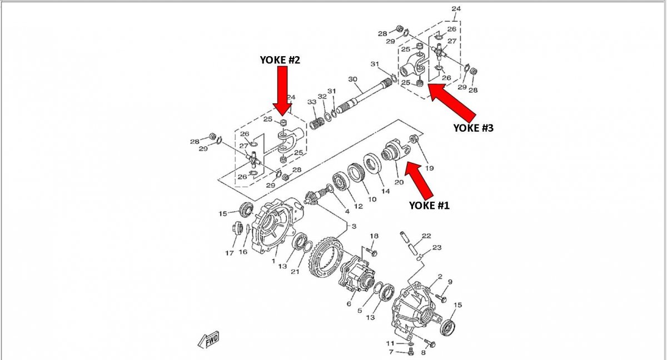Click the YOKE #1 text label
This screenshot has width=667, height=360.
[x=429, y=205]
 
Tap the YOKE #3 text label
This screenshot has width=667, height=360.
[x=473, y=128]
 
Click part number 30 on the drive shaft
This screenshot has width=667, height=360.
[x=352, y=79]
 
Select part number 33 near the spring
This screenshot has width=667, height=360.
[x=311, y=102]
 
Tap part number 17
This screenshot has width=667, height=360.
[x=229, y=254]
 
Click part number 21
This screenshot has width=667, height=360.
[x=295, y=272]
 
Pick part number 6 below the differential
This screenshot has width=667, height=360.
[x=349, y=304]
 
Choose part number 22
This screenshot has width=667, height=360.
[x=426, y=236]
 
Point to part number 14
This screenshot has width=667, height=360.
[x=385, y=191]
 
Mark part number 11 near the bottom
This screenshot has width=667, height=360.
[x=391, y=343]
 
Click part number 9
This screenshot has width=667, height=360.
[x=450, y=282]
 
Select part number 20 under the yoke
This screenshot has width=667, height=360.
[x=399, y=182]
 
